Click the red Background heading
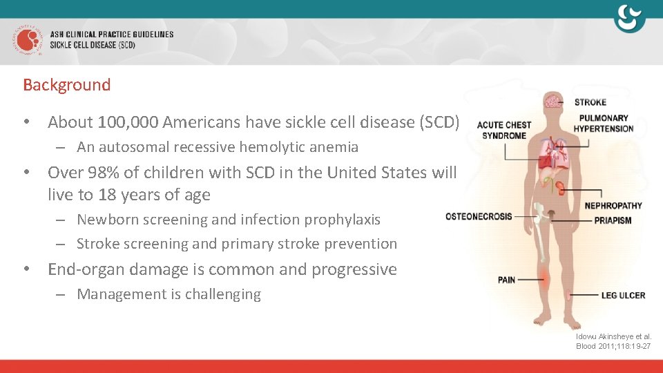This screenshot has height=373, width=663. pos(66,85)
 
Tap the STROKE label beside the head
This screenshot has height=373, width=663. pos(590,102)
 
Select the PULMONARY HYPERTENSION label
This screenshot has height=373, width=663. pos(603,123)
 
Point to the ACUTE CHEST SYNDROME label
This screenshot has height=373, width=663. pos(504,130)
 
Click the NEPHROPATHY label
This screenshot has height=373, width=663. pos(613,205)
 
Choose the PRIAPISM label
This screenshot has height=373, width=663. pos(613,220)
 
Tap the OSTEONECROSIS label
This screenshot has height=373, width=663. pos(479,216)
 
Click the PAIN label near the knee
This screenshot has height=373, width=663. pos(506,280)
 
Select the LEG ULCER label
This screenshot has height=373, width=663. pos(622,295)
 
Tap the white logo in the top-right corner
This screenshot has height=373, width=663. pos(629,19)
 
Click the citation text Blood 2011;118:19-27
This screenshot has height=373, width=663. pos(613,346)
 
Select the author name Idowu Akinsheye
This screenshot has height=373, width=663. pos(603,336)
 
